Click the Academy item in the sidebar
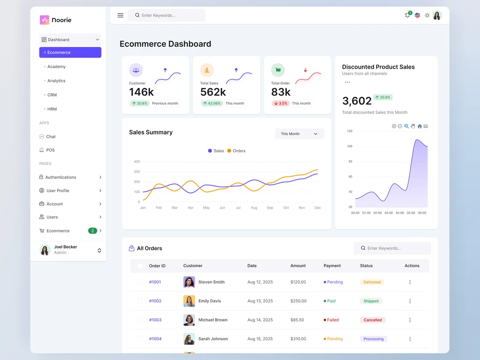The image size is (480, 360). [56, 67]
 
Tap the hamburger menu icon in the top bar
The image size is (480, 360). [120, 15]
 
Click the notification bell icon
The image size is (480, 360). [407, 15]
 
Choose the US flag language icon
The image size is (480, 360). [417, 15]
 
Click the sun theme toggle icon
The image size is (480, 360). [427, 15]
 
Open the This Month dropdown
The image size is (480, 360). [300, 134]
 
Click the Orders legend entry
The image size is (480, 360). [236, 151]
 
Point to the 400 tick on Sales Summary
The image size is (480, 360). [137, 162]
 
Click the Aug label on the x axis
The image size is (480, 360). [254, 208]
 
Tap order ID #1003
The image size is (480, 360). [155, 320]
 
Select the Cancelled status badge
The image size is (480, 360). [373, 320]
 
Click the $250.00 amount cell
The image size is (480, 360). [299, 301]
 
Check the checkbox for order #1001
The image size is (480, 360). [140, 282]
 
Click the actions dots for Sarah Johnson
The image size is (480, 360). [410, 339]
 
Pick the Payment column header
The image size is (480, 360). [332, 266]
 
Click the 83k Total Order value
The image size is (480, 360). [281, 92]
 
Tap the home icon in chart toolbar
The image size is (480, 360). [420, 126]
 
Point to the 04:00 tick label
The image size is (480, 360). [400, 213]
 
